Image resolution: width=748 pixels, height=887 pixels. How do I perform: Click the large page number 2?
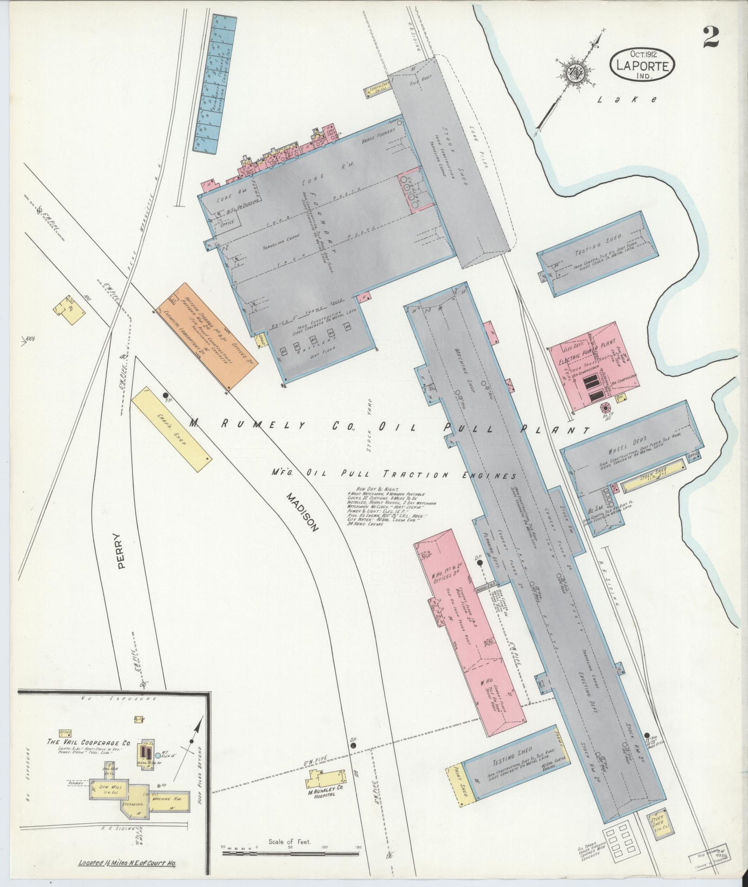(710, 37)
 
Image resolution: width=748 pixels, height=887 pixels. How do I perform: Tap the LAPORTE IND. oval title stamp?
(642, 65)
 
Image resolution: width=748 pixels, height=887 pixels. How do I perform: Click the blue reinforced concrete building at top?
(214, 83)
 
